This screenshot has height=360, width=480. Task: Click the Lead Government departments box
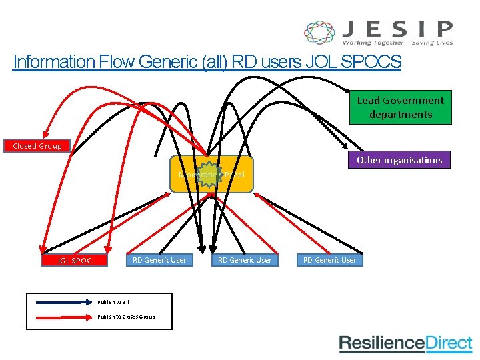click(400, 107)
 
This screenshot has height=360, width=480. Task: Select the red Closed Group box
click(37, 146)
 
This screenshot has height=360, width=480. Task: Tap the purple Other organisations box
click(399, 160)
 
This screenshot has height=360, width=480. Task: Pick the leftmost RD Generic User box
click(159, 260)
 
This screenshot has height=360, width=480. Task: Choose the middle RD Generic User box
click(245, 260)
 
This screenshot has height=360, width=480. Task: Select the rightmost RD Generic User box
click(330, 260)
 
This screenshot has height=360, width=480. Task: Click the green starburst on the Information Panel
click(210, 174)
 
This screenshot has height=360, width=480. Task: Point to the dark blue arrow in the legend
click(60, 302)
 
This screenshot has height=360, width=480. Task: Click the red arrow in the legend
click(60, 317)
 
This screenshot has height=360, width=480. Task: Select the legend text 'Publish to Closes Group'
click(126, 317)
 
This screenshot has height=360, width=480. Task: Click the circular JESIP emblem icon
click(320, 33)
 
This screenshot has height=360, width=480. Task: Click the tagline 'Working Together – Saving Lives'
click(397, 43)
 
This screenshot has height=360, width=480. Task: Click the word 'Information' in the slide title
click(55, 63)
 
